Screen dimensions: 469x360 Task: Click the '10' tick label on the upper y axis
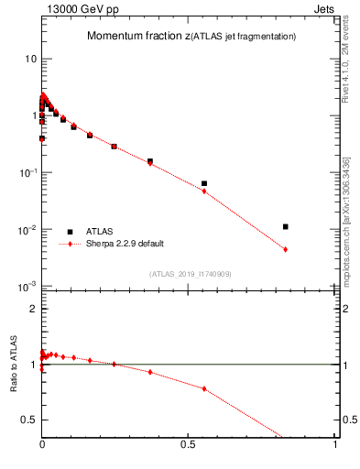(29, 59)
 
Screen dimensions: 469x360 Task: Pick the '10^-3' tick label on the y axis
(27, 287)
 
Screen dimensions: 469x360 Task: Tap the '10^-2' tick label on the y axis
(27, 230)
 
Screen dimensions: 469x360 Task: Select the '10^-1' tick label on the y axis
(27, 172)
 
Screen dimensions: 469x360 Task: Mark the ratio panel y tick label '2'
(33, 309)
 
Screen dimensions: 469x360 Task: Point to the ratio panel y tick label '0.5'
(29, 420)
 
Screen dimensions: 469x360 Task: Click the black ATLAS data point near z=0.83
(286, 226)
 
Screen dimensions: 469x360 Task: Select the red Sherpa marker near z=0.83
(286, 249)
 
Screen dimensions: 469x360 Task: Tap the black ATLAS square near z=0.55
(204, 183)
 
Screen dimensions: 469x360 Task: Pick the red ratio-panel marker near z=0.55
(204, 388)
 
